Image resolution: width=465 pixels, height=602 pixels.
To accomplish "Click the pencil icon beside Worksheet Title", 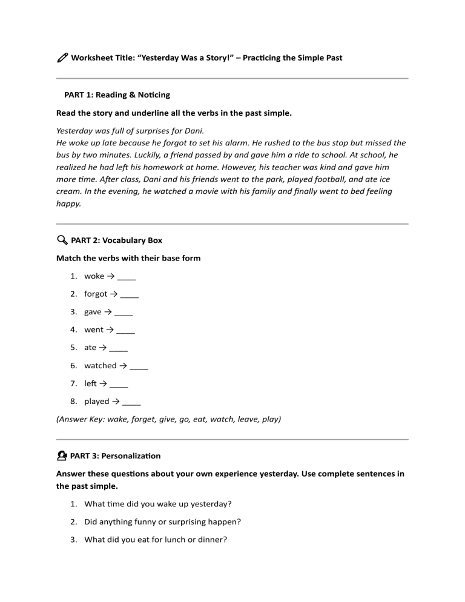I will click(62, 58).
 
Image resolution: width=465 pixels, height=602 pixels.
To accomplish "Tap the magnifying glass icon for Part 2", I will click(62, 240).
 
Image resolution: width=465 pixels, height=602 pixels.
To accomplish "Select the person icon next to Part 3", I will click(62, 455).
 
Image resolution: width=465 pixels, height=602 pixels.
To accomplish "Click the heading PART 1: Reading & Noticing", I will click(117, 95).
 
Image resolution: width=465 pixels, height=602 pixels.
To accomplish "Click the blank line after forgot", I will click(130, 294).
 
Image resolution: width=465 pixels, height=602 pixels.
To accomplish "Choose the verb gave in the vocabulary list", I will click(93, 312).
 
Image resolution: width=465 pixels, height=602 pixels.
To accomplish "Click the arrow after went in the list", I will click(110, 330).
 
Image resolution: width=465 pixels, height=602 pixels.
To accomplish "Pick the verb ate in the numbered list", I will click(90, 348).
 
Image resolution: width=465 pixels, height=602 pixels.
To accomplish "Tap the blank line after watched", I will click(139, 366).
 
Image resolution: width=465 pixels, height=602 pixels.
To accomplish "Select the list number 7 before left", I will click(73, 383).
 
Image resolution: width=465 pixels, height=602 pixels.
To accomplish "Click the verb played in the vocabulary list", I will click(97, 402).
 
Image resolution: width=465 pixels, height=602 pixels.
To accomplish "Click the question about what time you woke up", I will click(158, 504).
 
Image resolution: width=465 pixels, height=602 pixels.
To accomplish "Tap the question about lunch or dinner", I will click(156, 540).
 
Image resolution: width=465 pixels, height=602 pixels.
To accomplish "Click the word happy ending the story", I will click(68, 203).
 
